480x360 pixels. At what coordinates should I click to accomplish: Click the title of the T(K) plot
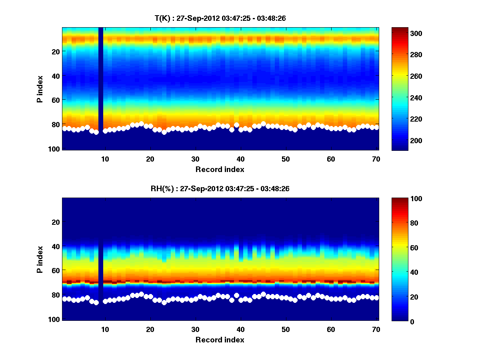(220, 18)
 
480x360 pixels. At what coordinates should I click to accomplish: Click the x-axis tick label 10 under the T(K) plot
(105, 159)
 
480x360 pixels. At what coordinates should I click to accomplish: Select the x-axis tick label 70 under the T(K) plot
(376, 159)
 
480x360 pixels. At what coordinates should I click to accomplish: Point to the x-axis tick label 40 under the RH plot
(240, 329)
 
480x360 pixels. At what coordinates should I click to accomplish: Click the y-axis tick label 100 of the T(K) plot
(54, 149)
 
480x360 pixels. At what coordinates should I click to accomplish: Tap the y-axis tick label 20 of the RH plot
(56, 222)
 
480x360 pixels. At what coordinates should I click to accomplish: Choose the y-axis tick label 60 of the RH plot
(56, 271)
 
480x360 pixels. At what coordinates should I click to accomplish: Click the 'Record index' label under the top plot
(220, 170)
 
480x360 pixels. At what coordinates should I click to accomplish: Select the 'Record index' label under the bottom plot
(220, 340)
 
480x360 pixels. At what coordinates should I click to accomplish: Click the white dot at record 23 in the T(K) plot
(164, 132)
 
